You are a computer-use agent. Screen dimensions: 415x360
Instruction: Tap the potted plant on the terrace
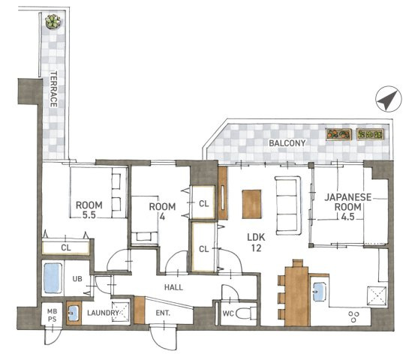[53, 22]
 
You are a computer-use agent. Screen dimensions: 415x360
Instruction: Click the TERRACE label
[54, 89]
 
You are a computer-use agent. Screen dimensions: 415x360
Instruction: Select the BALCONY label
[287, 143]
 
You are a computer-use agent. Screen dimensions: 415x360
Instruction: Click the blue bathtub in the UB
[53, 277]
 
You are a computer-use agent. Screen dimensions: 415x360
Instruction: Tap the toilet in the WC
[245, 313]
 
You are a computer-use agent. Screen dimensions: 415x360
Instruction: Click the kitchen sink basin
[319, 292]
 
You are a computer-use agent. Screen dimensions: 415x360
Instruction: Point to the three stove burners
[353, 316]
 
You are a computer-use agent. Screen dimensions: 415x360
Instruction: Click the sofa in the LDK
[288, 205]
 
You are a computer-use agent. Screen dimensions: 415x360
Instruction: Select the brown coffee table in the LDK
[251, 204]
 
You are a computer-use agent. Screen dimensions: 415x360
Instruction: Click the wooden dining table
[296, 296]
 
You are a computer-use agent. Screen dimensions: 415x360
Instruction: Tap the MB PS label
[52, 315]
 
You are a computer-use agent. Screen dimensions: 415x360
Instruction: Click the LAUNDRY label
[103, 313]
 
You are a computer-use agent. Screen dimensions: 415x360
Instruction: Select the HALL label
[173, 287]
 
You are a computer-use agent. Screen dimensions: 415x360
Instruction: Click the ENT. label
[163, 313]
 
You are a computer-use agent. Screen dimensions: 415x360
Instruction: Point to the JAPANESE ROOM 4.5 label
[347, 207]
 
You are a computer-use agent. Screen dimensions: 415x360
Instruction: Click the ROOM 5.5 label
[89, 210]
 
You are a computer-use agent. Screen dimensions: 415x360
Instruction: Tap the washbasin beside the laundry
[74, 313]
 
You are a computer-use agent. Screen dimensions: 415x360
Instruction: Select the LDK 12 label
[256, 242]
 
